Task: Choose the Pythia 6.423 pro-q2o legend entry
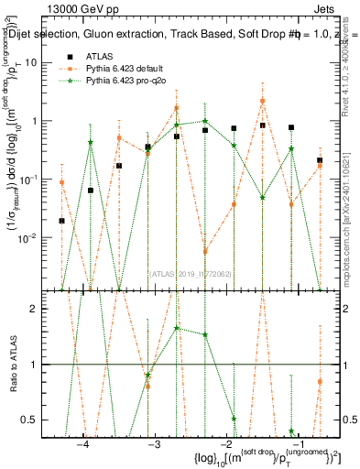tap(122, 82)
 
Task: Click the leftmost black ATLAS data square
tap(62, 221)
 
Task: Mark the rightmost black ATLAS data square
tap(320, 160)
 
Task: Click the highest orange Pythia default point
tap(262, 101)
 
